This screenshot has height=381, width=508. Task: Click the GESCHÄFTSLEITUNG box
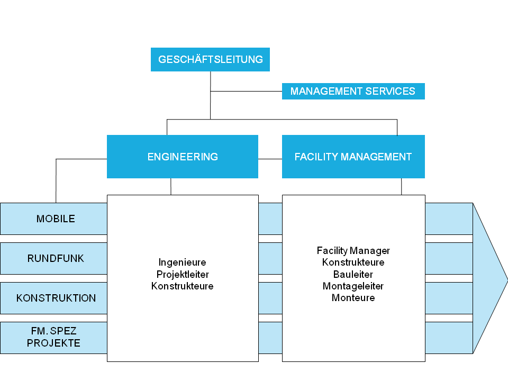click(x=210, y=59)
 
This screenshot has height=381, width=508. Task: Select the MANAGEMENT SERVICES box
click(x=353, y=91)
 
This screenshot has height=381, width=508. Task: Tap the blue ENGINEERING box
click(x=183, y=157)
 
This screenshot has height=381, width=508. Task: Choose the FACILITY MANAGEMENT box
click(x=353, y=157)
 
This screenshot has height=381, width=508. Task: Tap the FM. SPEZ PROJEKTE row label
click(x=54, y=338)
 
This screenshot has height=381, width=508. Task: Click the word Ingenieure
click(x=183, y=262)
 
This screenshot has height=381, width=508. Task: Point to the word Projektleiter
click(x=183, y=275)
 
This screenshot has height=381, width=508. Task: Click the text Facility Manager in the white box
click(x=353, y=251)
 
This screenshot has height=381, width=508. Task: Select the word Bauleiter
click(x=353, y=275)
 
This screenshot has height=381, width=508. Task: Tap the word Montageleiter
click(x=353, y=286)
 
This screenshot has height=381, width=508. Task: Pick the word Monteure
click(x=353, y=298)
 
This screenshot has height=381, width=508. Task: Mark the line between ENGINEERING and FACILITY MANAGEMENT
click(x=270, y=159)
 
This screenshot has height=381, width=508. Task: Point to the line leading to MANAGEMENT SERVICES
click(x=246, y=92)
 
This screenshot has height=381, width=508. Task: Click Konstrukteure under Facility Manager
click(x=353, y=262)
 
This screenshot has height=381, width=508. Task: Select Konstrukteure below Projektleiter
click(x=183, y=286)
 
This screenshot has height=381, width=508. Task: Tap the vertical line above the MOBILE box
click(x=56, y=181)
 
